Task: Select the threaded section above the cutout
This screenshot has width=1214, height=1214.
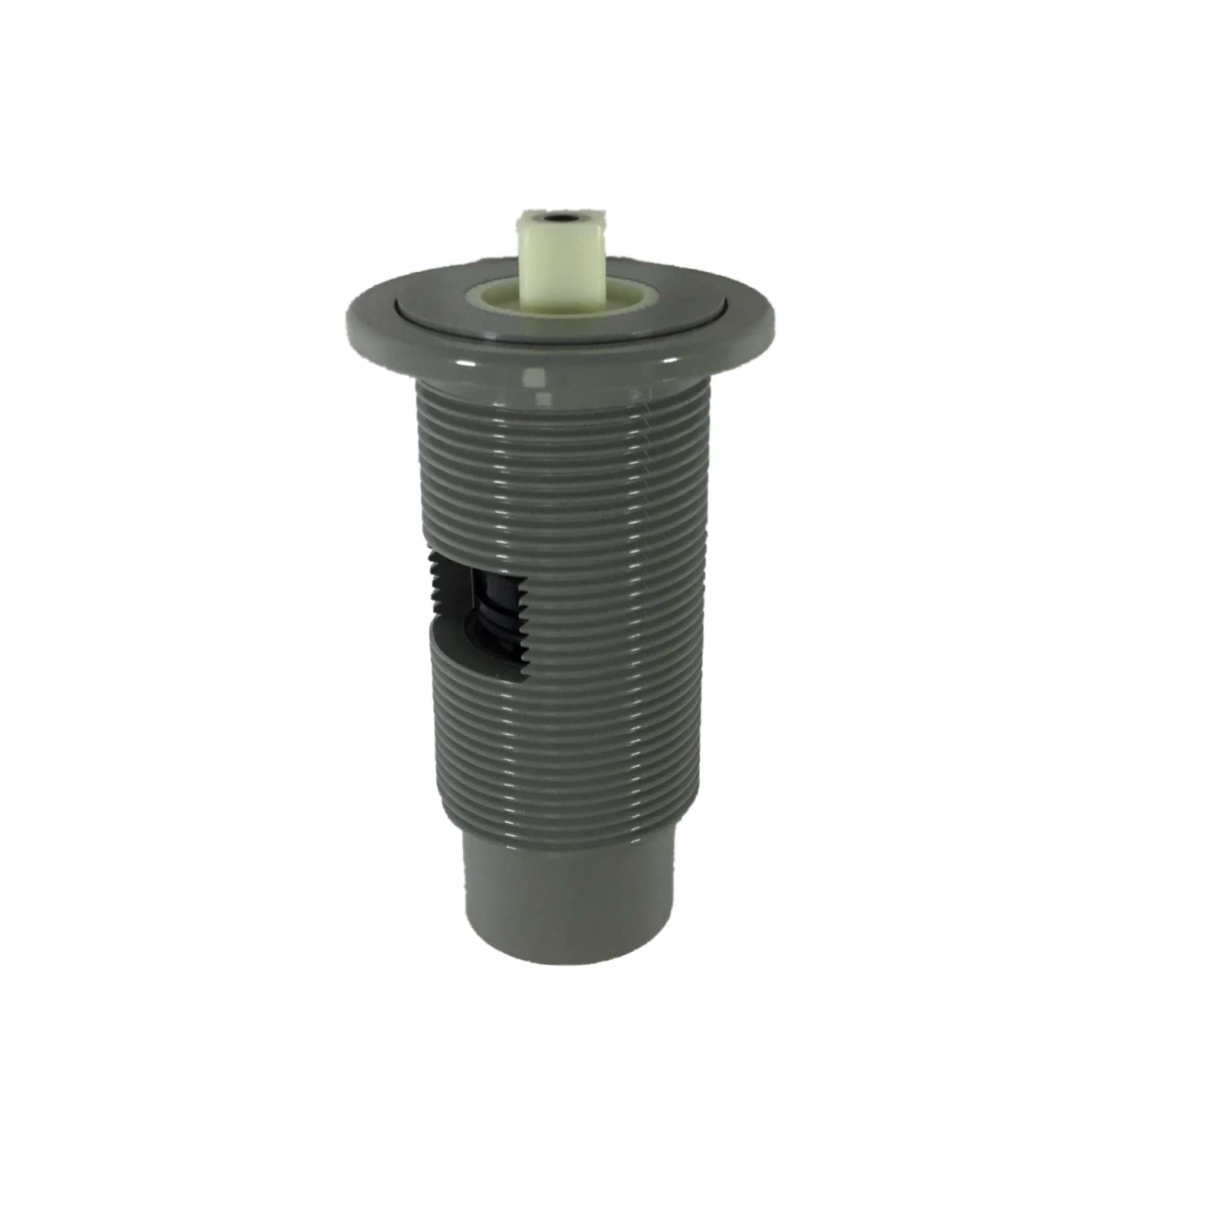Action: point(558,469)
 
